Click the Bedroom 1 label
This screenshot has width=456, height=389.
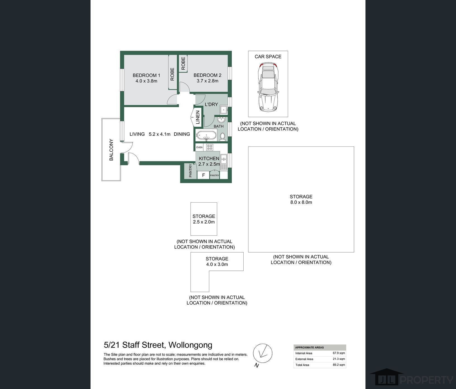(146, 75)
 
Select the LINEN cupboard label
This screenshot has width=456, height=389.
(198, 117)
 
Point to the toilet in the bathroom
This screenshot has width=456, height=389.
(223, 136)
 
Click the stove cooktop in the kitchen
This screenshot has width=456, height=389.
(210, 147)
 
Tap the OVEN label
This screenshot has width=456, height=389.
(199, 147)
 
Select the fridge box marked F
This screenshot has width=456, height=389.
(203, 175)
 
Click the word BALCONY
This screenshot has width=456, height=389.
(111, 150)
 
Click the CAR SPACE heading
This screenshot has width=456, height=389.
(268, 56)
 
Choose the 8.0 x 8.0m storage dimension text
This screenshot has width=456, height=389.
(301, 202)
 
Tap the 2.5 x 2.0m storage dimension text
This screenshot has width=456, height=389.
(204, 222)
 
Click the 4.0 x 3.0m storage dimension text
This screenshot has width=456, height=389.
(217, 264)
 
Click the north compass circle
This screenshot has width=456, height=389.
(263, 353)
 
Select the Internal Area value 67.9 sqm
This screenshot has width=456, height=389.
(339, 353)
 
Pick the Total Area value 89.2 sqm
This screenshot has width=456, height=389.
(339, 365)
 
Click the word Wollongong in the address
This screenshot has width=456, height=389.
(191, 345)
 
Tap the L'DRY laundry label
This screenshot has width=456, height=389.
(211, 105)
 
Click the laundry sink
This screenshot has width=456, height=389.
(224, 110)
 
